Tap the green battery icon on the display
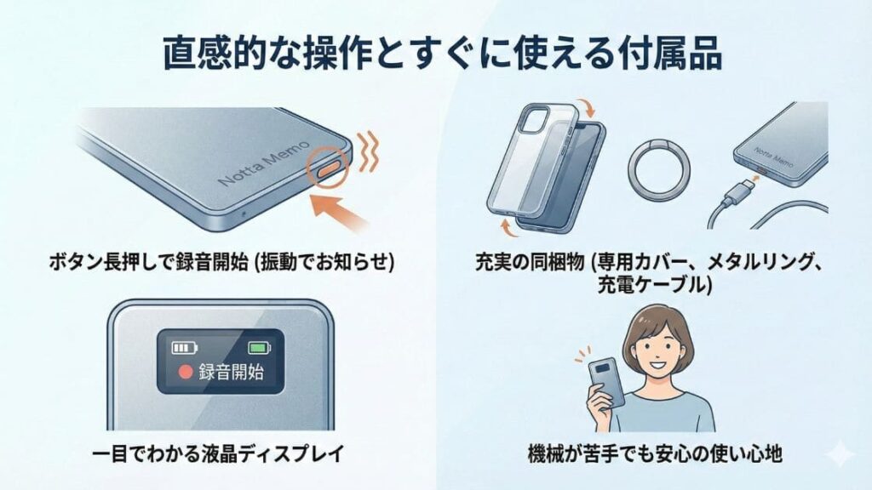[x=258, y=347]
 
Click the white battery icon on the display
[x=183, y=347]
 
